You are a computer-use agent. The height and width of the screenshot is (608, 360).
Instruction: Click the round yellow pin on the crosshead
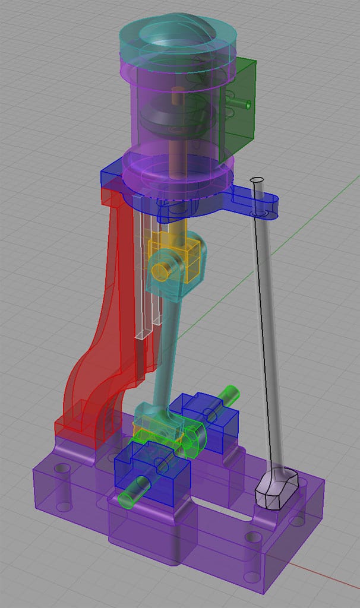point(161,270)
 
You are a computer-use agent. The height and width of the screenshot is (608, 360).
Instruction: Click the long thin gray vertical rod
point(264,332)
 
